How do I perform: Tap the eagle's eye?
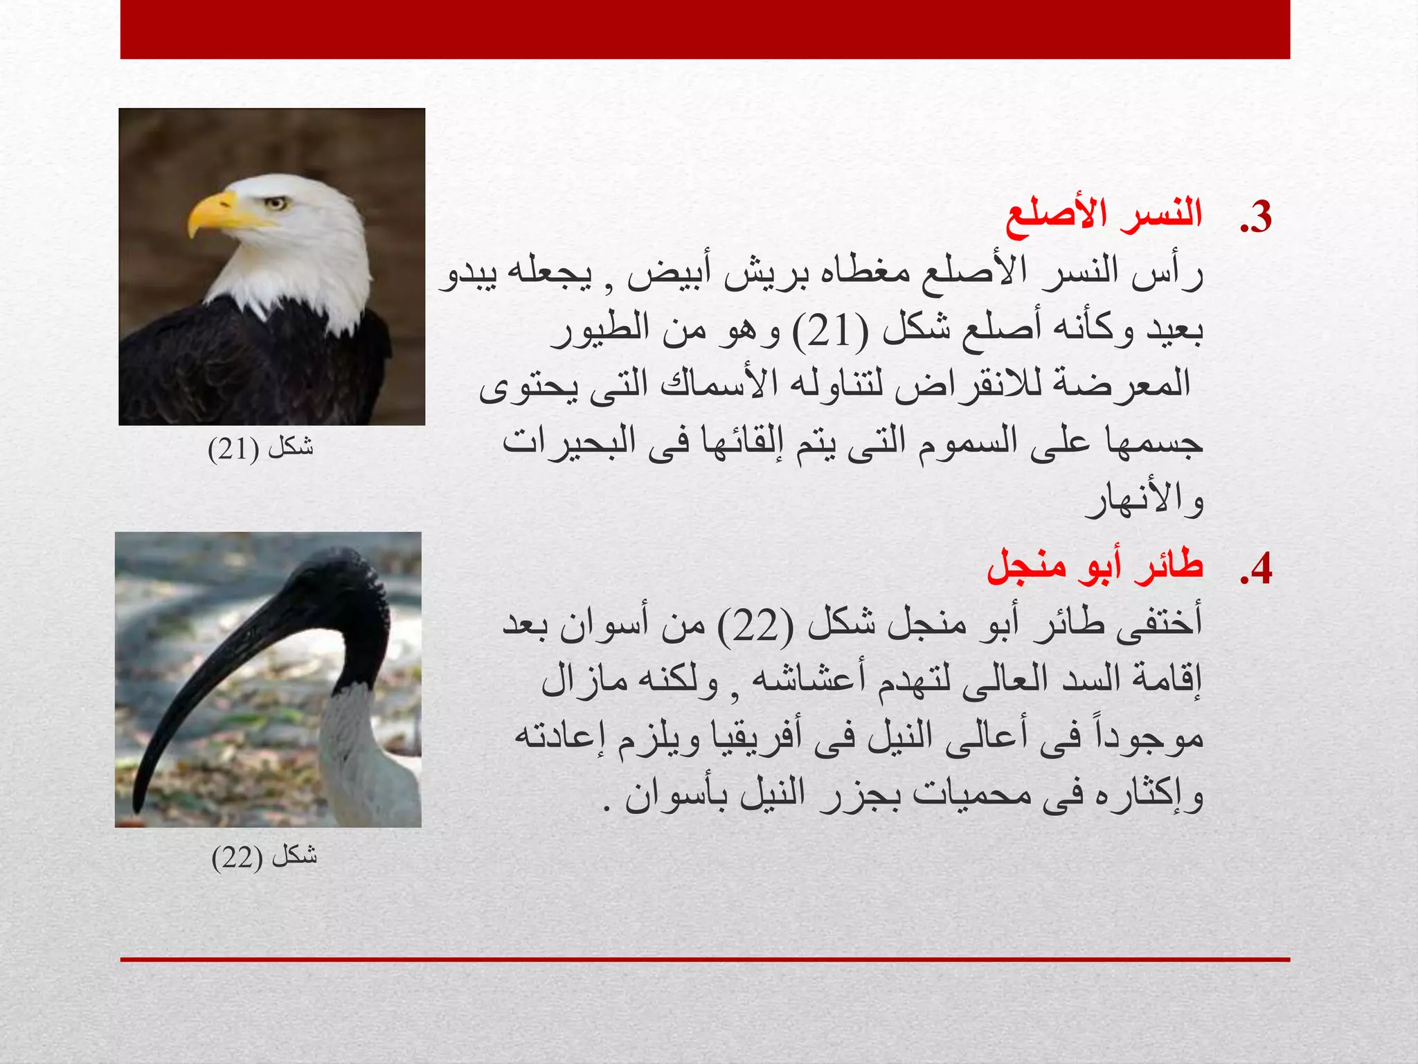tap(276, 203)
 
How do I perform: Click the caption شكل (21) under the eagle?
tap(261, 448)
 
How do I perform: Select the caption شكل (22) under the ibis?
tap(264, 857)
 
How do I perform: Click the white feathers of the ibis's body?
tap(370, 762)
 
